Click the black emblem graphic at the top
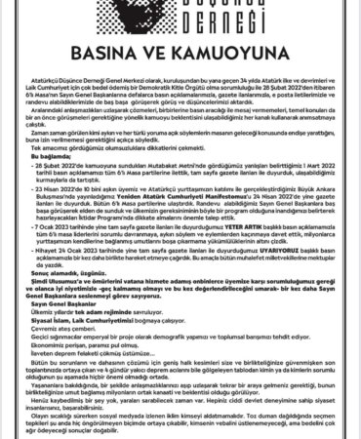180,9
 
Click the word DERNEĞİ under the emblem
180,28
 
